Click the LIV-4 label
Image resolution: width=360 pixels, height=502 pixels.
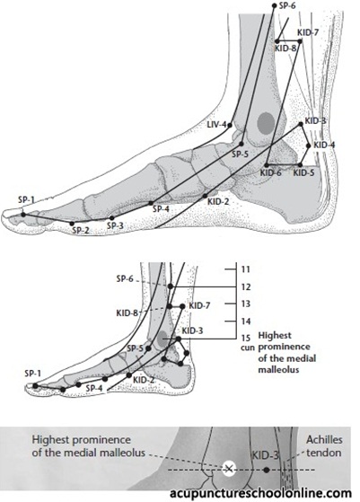point(217,124)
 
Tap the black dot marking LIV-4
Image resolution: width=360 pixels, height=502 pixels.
point(230,126)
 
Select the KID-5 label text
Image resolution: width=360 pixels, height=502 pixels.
point(303,173)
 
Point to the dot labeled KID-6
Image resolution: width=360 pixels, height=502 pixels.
point(267,165)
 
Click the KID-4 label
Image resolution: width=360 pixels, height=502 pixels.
point(324,145)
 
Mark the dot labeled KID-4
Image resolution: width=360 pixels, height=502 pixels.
point(309,145)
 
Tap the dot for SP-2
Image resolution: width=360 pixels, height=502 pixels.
point(72,223)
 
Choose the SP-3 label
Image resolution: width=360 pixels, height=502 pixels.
point(115,225)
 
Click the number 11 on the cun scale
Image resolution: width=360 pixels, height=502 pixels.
point(245,269)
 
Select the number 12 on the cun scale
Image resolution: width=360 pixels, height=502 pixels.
point(245,286)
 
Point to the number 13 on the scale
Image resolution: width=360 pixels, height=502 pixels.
point(245,304)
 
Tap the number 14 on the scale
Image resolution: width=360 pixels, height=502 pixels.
point(245,321)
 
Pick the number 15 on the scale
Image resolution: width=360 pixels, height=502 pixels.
point(245,338)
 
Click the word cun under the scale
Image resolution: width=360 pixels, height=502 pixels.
point(247,348)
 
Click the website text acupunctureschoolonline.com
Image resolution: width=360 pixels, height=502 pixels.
point(260,493)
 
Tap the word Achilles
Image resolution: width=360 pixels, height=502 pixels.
point(324,440)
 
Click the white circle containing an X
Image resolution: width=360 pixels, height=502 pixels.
point(229,470)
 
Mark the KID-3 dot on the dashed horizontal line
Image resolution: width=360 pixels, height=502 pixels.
point(266,470)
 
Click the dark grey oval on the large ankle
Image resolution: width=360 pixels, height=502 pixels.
point(267,123)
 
